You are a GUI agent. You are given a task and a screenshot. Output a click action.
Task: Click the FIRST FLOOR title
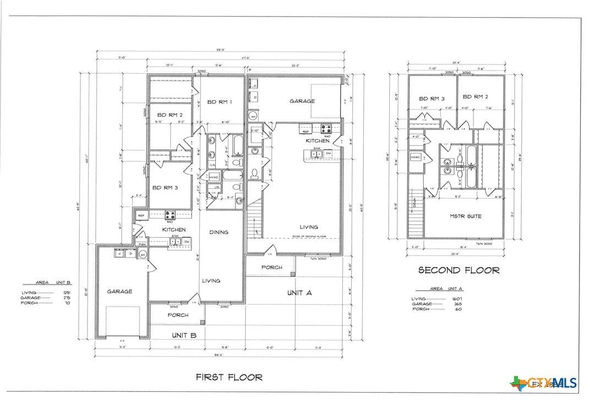[229, 377]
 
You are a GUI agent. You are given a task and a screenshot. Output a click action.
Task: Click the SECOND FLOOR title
[459, 270]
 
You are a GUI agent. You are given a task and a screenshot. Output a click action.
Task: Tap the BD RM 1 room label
[219, 102]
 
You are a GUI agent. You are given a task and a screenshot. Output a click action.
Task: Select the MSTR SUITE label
[465, 216]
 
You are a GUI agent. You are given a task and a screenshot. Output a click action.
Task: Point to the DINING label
[218, 232]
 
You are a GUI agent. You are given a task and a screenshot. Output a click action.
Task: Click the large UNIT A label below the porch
[299, 293]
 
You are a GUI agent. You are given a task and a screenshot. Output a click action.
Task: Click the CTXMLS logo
[545, 383]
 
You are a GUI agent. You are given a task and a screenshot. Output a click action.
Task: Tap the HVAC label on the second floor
[415, 157]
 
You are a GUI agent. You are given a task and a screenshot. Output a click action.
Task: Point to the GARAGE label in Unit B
[119, 291]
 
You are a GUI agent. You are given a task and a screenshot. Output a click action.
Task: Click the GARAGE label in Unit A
[302, 101]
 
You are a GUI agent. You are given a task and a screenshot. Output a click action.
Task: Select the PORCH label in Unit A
[271, 268]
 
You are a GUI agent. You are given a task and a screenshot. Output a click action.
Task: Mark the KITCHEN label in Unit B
[173, 230]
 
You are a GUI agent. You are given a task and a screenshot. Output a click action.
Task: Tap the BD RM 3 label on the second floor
[432, 99]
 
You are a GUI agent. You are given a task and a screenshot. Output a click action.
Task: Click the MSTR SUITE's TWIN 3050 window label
[484, 242]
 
